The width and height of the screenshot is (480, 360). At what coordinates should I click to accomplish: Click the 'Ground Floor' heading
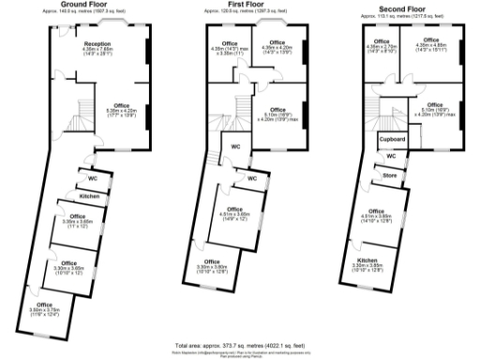[82, 6]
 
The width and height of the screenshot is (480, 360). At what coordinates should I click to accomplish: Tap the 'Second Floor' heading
[400, 6]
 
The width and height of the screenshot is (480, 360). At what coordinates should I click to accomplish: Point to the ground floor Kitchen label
[89, 196]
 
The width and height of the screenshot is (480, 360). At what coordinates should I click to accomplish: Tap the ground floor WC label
[93, 178]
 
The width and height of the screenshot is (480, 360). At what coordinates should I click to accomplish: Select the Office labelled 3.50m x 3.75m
[44, 307]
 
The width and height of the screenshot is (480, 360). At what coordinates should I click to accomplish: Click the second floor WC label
[391, 156]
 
